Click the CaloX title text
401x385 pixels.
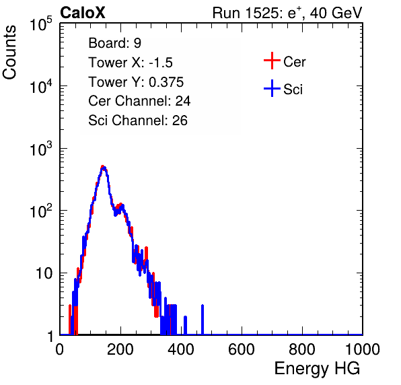83,13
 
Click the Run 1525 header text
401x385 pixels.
287,13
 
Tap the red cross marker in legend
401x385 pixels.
272,61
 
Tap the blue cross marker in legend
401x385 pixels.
272,89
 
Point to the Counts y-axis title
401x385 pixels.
9,52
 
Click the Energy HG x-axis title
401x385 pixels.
317,368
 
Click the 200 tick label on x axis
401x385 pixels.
120,349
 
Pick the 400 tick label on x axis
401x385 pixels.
181,349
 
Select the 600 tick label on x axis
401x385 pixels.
242,349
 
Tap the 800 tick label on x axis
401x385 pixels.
302,349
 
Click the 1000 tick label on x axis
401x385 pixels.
363,349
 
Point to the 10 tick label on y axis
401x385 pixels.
44,273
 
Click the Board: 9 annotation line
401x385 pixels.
114,43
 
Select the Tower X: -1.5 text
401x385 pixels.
131,63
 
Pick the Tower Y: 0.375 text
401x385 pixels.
136,82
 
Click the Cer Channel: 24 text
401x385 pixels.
139,101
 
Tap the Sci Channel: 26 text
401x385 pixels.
138,120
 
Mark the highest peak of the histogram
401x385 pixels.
103,167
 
